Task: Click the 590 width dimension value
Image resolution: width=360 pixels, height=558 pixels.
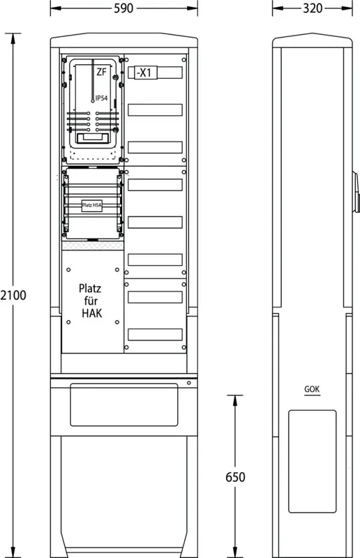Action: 123,8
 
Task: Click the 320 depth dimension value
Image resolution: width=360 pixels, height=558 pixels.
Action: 313,8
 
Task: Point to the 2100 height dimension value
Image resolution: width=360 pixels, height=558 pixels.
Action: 13,295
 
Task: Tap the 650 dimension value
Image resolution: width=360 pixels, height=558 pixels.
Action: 235,477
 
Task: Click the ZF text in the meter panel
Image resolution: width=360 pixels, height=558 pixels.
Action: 101,72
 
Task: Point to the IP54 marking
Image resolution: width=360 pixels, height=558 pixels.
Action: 101,98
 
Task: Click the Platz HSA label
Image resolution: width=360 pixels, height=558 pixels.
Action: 92,205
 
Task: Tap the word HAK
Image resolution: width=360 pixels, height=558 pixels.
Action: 91,313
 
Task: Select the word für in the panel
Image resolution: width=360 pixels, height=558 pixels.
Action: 91,301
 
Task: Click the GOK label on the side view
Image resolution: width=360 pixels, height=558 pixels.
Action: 312,389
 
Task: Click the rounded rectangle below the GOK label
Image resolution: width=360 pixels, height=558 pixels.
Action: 313,462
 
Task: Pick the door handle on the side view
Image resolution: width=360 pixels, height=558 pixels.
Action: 356,193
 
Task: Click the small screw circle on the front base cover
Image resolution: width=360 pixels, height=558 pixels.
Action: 189,383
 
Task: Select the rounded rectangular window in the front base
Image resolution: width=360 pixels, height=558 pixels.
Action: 124,405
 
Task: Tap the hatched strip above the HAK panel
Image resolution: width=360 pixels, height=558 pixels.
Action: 93,246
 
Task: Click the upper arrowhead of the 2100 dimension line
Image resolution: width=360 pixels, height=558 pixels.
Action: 13,38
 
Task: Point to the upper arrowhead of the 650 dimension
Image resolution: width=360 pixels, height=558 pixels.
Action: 235,400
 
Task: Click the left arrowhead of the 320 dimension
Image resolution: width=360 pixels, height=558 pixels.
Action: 278,8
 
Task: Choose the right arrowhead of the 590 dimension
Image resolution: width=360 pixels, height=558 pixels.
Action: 193,8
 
